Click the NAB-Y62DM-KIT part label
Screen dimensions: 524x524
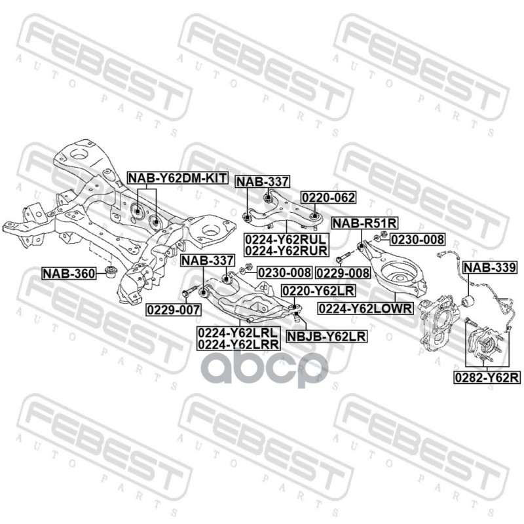click(x=176, y=178)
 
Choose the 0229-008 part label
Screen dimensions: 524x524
click(x=342, y=272)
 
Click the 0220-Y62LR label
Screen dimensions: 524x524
click(x=309, y=290)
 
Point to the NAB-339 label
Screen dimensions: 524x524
click(x=489, y=267)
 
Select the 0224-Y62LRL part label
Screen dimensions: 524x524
click(x=238, y=332)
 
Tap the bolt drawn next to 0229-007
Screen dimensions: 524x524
click(x=191, y=291)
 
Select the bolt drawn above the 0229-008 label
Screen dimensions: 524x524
click(x=345, y=255)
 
